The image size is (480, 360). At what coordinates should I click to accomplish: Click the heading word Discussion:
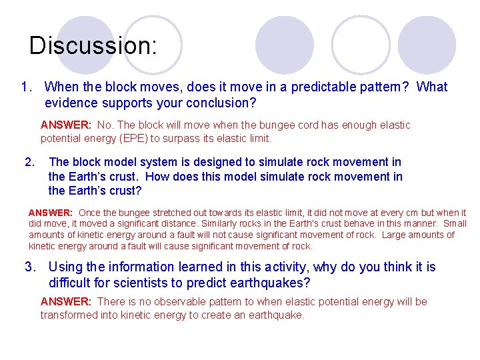93,46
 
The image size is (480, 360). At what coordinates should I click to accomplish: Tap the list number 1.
27,87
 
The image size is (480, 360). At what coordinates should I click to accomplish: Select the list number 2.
29,162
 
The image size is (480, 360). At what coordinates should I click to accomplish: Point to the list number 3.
30,267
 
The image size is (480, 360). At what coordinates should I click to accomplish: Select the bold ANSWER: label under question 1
65,125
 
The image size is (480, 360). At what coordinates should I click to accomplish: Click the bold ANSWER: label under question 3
65,302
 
